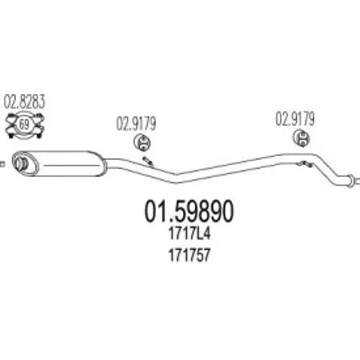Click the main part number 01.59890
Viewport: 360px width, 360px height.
point(189,211)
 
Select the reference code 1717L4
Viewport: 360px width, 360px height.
point(189,234)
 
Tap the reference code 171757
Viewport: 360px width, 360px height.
point(189,255)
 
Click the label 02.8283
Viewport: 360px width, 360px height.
point(24,102)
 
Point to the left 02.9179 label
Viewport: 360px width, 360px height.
point(136,124)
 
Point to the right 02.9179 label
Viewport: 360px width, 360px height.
point(295,118)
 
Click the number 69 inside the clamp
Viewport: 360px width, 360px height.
point(24,124)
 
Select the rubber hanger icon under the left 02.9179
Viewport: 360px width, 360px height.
point(142,142)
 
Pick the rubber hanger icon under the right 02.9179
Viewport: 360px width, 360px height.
point(301,138)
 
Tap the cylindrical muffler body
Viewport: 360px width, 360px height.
point(58,163)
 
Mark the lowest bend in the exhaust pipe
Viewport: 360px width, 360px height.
point(176,178)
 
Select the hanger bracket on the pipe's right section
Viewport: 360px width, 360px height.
point(304,164)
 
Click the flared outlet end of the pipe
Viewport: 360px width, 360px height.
point(350,179)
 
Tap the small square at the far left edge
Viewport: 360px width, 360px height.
point(2,164)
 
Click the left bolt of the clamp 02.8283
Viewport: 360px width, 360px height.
point(10,136)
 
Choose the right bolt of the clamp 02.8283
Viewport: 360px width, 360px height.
point(38,136)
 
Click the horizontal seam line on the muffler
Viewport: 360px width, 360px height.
point(70,165)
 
